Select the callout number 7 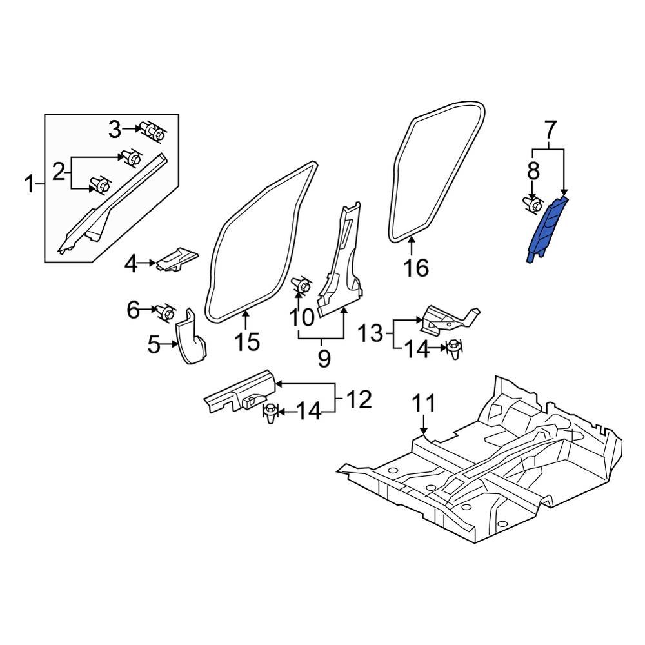[549, 131]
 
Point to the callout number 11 [424, 404]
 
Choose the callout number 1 [29, 186]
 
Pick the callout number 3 [114, 130]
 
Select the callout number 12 [359, 400]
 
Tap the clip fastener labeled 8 [533, 205]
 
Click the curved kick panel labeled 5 [192, 341]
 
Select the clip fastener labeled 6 [165, 313]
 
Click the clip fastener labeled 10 [300, 285]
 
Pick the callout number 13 [370, 334]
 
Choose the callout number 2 [59, 172]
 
